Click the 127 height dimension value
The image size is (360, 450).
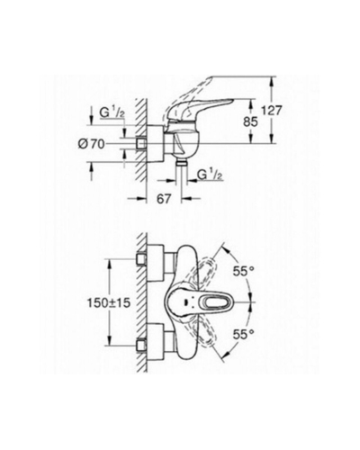coord(271,111)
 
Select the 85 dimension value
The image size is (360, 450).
coord(251,121)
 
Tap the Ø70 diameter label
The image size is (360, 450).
coord(91,145)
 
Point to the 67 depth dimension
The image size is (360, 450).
coord(164,199)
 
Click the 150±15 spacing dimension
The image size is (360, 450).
coord(109,302)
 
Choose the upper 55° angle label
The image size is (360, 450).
coord(244,272)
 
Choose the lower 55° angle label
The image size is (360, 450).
coord(244,334)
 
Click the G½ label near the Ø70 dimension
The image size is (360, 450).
coord(112,113)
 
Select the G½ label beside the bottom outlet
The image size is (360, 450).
coord(210,175)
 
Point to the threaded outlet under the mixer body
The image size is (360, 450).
coord(181,163)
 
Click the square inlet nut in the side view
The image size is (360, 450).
coord(140,144)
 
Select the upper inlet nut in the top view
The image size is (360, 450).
coord(141,259)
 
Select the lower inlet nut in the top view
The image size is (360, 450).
coord(141,345)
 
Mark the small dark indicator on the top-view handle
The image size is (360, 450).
coord(188,302)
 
